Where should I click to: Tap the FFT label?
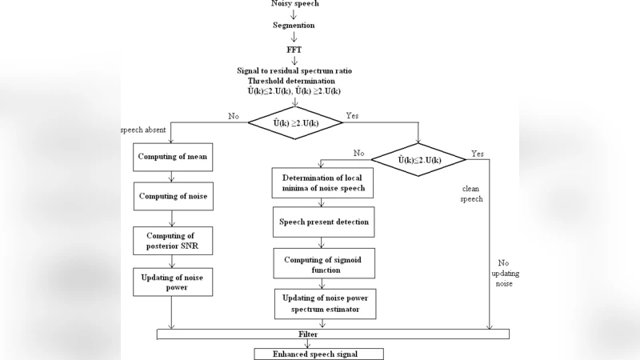(294, 49)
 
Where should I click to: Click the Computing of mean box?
(173, 157)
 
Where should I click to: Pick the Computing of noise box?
(173, 196)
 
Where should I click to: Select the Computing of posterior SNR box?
(173, 241)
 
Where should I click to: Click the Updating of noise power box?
(173, 282)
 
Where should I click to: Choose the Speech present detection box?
(323, 222)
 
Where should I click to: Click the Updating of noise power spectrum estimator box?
(325, 303)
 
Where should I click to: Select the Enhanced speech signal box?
(318, 354)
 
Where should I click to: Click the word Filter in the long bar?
(298, 334)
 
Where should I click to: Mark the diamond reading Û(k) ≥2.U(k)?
(295, 122)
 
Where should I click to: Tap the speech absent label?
(143, 130)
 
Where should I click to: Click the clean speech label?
(471, 193)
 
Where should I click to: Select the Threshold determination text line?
(293, 81)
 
